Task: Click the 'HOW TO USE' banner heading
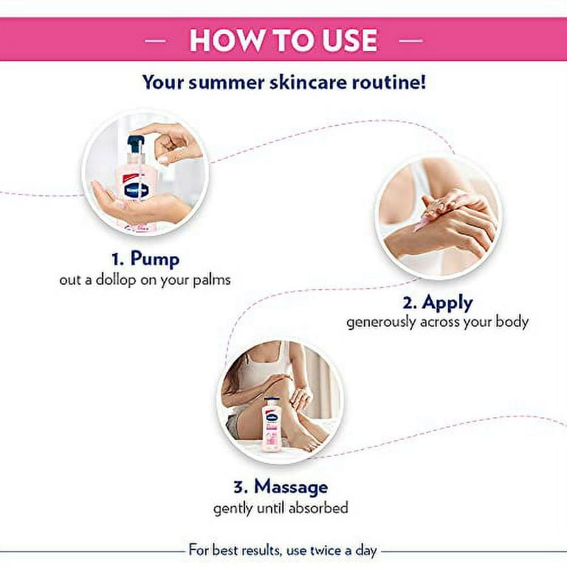(x=283, y=40)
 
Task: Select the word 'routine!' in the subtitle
(x=389, y=82)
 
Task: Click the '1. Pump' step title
(x=145, y=259)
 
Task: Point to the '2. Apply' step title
(x=438, y=302)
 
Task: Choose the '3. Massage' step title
(x=281, y=487)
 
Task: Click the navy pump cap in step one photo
(x=135, y=143)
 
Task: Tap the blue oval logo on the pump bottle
(x=137, y=190)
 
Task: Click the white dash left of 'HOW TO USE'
(x=155, y=41)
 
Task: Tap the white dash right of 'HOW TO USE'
(x=410, y=41)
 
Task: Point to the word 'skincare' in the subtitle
(x=309, y=82)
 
